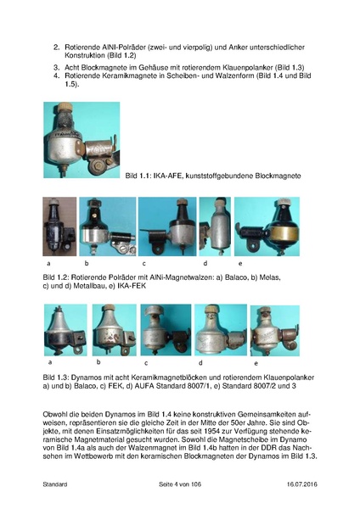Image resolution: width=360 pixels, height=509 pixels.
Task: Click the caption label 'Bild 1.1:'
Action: tap(138, 176)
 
